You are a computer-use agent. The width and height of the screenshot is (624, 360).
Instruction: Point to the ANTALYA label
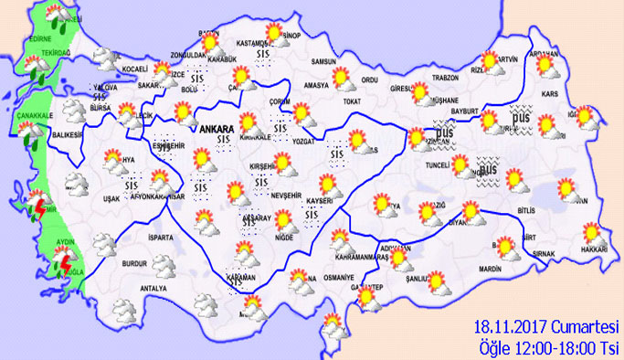pyautogui.click(x=140, y=291)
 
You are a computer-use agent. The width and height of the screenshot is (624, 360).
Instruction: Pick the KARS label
pyautogui.click(x=550, y=94)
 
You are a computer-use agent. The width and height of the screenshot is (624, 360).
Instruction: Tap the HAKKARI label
pyautogui.click(x=594, y=249)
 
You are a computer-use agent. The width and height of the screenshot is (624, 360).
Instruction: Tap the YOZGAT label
pyautogui.click(x=303, y=142)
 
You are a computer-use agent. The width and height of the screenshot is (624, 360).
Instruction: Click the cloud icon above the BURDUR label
pyautogui.click(x=164, y=265)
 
